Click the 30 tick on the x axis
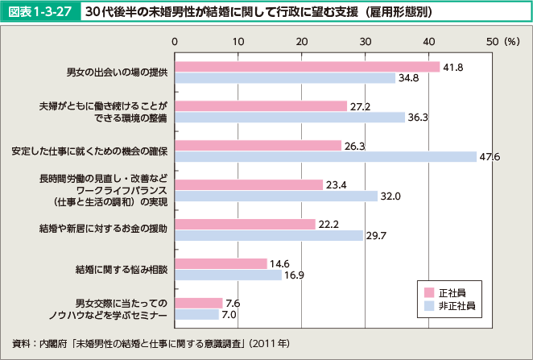click(x=365, y=40)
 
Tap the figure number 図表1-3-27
click(x=40, y=14)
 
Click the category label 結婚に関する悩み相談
click(x=121, y=269)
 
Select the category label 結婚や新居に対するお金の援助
click(x=104, y=230)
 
